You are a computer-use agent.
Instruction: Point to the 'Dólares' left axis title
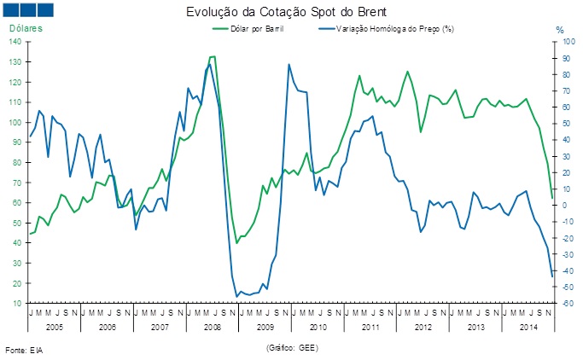coord(26,29)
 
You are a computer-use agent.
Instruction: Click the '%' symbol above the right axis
coord(560,30)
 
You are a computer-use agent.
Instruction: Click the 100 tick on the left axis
coord(18,123)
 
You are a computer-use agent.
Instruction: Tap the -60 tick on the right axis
coord(564,304)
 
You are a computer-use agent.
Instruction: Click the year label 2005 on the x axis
coord(55,327)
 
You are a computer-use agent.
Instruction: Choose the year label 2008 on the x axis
coord(213,327)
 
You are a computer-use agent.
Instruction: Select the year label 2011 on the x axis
coord(370,327)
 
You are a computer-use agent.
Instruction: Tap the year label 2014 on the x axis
coord(528,327)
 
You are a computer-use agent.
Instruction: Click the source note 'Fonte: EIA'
coord(24,351)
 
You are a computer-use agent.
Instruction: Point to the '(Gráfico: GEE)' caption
coord(292,348)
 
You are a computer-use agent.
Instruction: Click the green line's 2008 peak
coord(213,56)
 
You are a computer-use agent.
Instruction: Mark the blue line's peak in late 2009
coord(289,64)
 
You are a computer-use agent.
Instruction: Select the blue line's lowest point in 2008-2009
coord(236,296)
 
